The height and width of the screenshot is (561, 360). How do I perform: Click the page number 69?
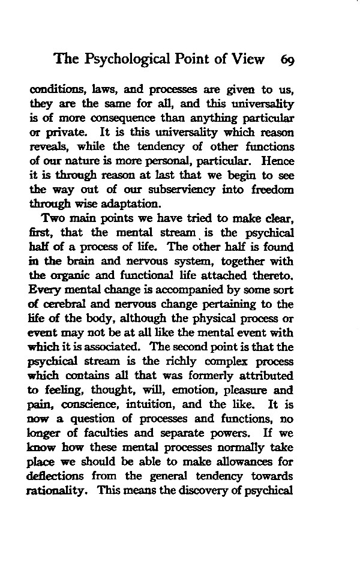coord(286,59)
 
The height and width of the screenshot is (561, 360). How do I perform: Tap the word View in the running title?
coord(247,59)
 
